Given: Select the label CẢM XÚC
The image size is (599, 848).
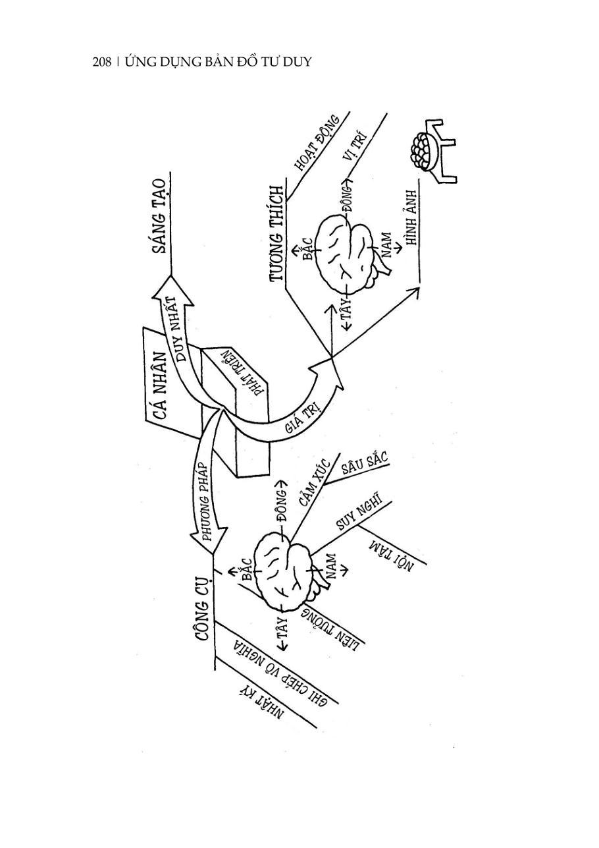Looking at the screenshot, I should [x=315, y=482].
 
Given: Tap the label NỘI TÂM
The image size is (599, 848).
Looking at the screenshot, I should [x=390, y=554].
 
